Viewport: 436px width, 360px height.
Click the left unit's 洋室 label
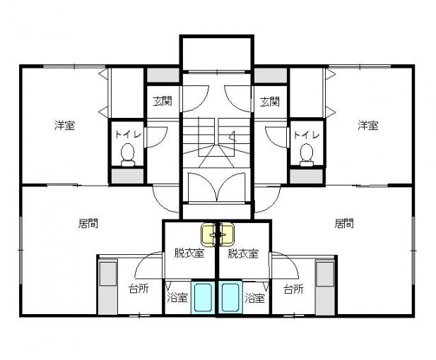point(64,125)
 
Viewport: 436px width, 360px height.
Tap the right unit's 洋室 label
point(368,125)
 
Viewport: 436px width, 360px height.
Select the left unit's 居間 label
point(88,223)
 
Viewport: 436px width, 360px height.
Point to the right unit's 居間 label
point(344,223)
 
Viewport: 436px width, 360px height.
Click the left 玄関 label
point(163,102)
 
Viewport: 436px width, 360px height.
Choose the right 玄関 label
point(270,102)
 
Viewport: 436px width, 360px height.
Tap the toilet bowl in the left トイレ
point(128,155)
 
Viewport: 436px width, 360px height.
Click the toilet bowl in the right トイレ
point(307,155)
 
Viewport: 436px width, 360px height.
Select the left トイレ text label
point(128,134)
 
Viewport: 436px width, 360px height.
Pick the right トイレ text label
point(307,134)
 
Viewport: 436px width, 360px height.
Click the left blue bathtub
point(202,297)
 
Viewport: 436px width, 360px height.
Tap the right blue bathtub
point(230,297)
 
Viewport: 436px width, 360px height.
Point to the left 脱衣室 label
point(189,253)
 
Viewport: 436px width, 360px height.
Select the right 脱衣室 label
point(243,253)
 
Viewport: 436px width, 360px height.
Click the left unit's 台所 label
point(139,289)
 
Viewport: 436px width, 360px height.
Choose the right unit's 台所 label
point(293,289)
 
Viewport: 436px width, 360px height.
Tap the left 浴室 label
point(177,297)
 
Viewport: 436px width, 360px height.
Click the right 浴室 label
point(254,298)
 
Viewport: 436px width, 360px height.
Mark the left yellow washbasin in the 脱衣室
point(208,235)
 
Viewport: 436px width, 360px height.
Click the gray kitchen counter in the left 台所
point(108,287)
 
